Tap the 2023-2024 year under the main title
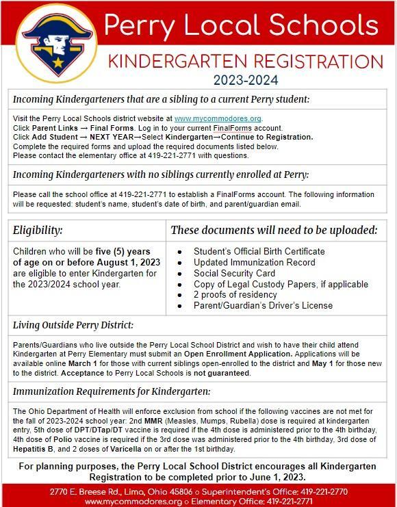[x=246, y=80]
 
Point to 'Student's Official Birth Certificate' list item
[x=259, y=251]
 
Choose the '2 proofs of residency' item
[x=235, y=295]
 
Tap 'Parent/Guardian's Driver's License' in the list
[x=262, y=306]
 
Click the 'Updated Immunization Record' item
[x=255, y=262]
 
